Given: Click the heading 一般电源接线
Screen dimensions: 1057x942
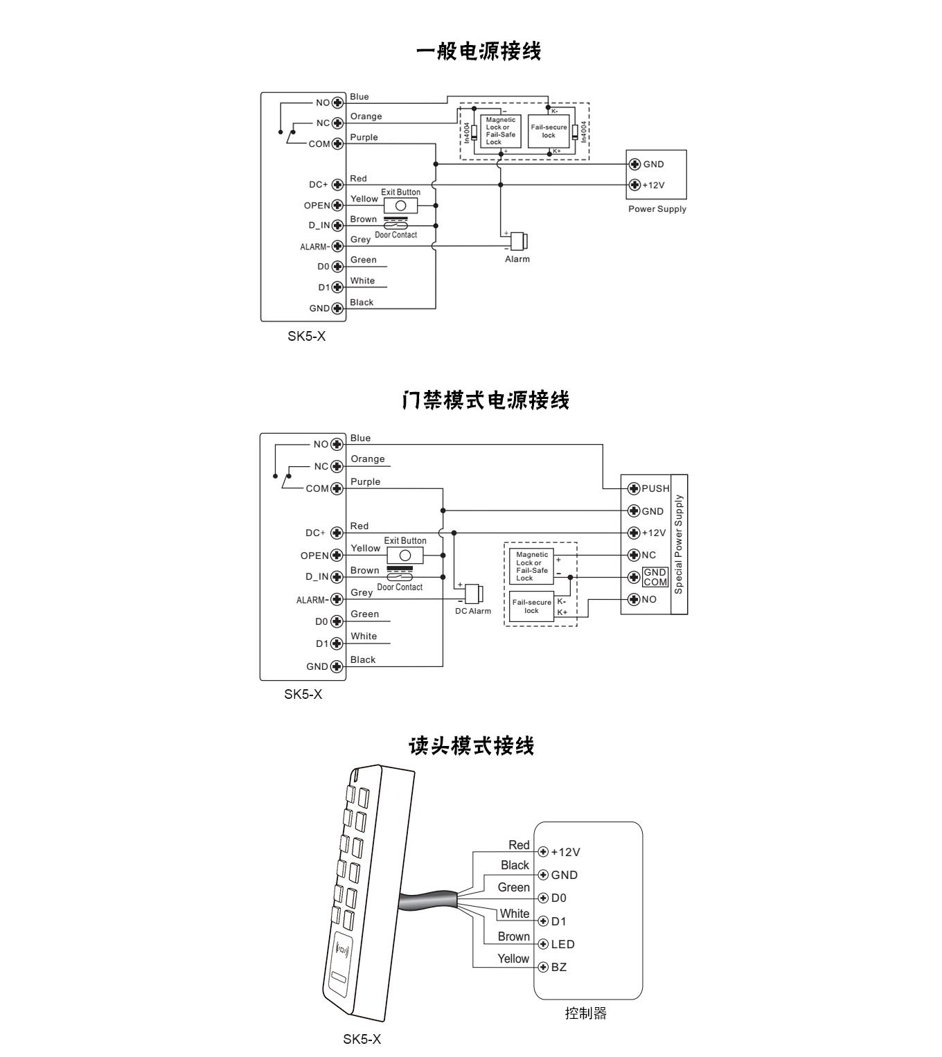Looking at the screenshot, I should pyautogui.click(x=479, y=51).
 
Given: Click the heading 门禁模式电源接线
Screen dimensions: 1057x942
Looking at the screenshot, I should pyautogui.click(x=486, y=400).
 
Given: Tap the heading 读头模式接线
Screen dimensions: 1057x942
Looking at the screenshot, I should pyautogui.click(x=471, y=746).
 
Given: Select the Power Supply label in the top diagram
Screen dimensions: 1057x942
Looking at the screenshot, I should pyautogui.click(x=657, y=208).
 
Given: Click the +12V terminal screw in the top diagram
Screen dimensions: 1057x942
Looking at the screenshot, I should pyautogui.click(x=634, y=185).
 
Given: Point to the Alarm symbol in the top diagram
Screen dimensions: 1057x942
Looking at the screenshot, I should pyautogui.click(x=520, y=241).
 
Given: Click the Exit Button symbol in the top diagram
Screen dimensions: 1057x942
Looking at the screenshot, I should pyautogui.click(x=400, y=206).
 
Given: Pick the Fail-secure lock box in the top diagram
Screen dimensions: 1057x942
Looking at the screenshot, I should pyautogui.click(x=549, y=132).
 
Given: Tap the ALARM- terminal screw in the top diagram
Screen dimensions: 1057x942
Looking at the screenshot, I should pyautogui.click(x=337, y=247).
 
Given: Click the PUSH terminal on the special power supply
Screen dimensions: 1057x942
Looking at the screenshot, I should pyautogui.click(x=633, y=488).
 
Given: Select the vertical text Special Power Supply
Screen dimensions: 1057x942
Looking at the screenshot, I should pyautogui.click(x=679, y=544).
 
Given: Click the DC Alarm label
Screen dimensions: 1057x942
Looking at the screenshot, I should pyautogui.click(x=473, y=611).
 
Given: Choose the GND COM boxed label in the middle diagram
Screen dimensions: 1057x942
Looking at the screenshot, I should pyautogui.click(x=655, y=577).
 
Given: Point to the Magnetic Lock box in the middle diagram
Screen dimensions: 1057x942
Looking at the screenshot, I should pyautogui.click(x=532, y=566).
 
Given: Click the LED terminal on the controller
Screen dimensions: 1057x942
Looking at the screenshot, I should pyautogui.click(x=544, y=944).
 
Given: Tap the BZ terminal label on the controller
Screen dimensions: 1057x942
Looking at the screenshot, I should pyautogui.click(x=559, y=967).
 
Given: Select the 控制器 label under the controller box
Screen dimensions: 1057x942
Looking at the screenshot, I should pyautogui.click(x=585, y=1013).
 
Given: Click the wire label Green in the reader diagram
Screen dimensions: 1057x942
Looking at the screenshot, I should pyautogui.click(x=513, y=887).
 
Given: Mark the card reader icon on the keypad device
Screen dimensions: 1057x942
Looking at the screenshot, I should pyautogui.click(x=344, y=947).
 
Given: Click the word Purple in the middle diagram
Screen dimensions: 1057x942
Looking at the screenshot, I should pyautogui.click(x=365, y=481).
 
